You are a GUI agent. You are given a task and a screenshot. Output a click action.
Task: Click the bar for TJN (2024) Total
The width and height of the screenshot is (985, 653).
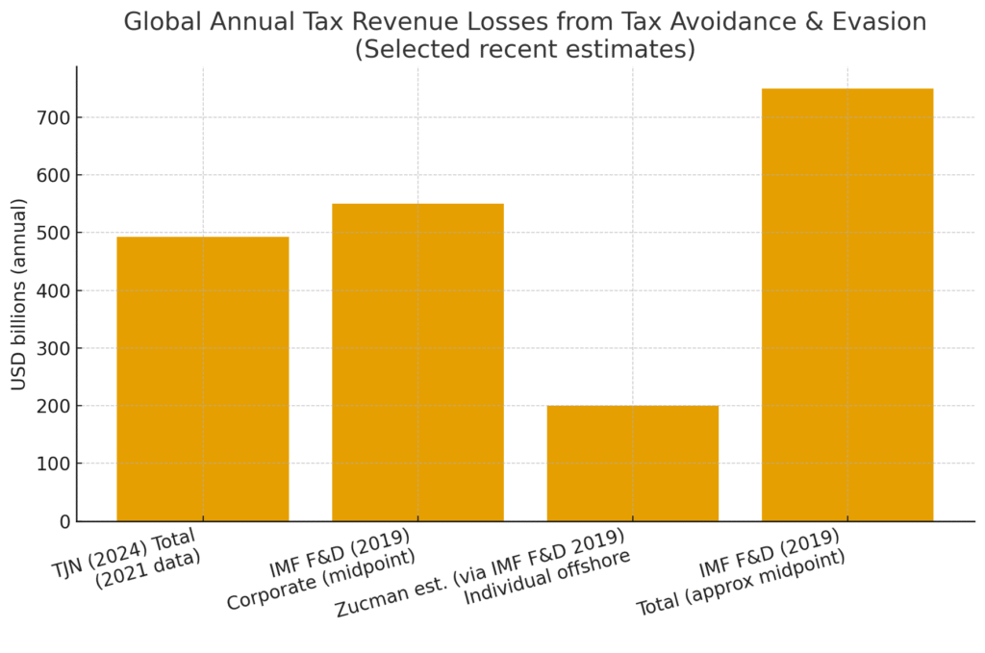tap(202, 379)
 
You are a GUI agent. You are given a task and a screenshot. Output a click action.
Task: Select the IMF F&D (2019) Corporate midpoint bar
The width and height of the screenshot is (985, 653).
tap(417, 363)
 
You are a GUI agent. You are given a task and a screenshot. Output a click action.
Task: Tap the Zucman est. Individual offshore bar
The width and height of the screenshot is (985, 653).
tap(632, 464)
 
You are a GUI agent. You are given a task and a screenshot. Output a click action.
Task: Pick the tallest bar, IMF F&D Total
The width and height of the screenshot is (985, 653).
tap(847, 305)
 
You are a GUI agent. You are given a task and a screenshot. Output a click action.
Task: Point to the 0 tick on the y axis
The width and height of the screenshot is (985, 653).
tap(64, 521)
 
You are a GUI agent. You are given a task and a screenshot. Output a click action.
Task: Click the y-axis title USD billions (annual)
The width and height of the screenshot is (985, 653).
tap(19, 293)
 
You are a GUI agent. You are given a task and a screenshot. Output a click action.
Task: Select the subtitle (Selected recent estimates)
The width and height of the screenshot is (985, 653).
tap(525, 49)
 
